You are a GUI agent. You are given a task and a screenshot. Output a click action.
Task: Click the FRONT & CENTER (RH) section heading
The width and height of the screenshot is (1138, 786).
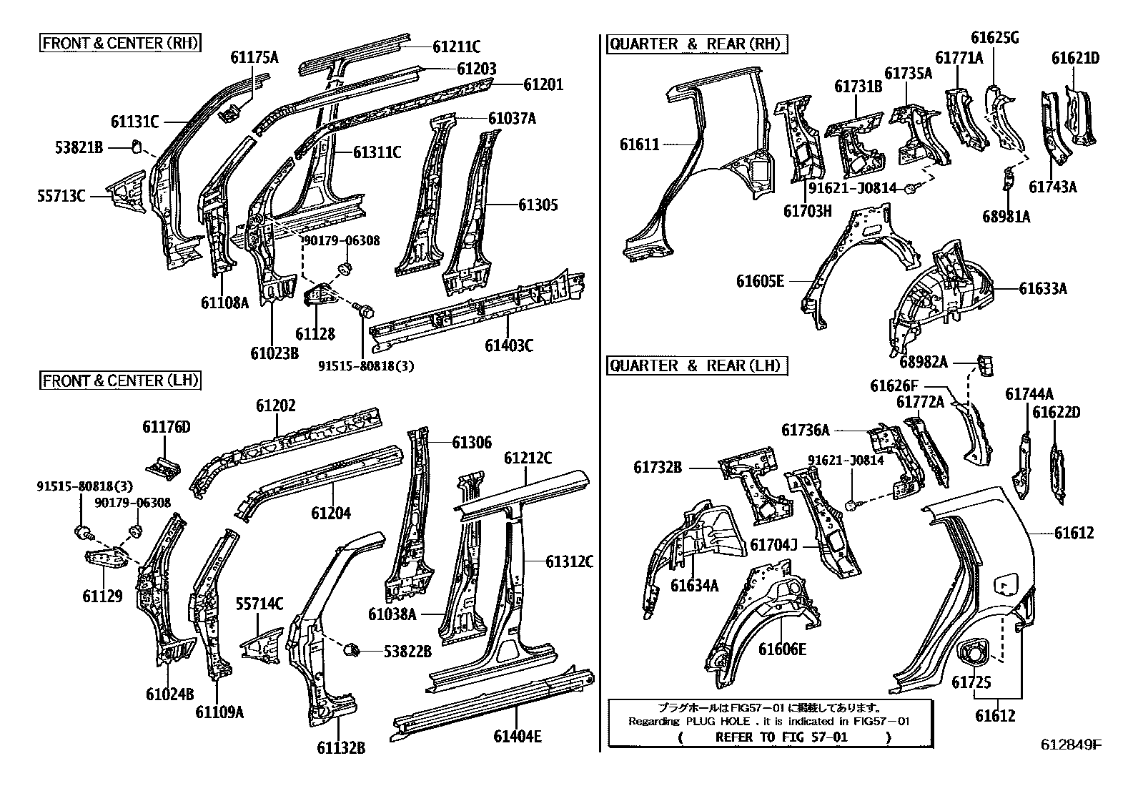click(x=119, y=43)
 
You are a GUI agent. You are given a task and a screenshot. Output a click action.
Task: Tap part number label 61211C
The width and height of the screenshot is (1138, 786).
click(x=456, y=47)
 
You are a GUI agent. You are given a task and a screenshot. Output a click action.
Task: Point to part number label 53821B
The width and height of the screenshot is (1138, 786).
click(x=79, y=148)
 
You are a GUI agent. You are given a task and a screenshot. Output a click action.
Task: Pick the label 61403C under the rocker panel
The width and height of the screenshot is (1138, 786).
click(x=508, y=345)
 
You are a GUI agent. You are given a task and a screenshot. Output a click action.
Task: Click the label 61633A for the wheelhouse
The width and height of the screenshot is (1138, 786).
click(x=1042, y=288)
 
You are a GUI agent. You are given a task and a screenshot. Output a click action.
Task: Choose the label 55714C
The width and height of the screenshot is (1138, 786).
click(x=259, y=604)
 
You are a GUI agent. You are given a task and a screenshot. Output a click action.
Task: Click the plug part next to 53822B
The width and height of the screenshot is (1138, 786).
click(x=351, y=650)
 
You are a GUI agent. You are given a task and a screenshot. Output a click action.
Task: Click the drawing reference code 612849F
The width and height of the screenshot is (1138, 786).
click(x=1070, y=745)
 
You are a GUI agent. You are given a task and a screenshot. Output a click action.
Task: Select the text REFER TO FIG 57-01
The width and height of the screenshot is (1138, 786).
click(x=781, y=737)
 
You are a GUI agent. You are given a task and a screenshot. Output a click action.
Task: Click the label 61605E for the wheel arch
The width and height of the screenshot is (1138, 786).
click(x=760, y=281)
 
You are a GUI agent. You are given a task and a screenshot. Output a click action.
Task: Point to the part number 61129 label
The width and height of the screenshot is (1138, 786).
click(x=102, y=596)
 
